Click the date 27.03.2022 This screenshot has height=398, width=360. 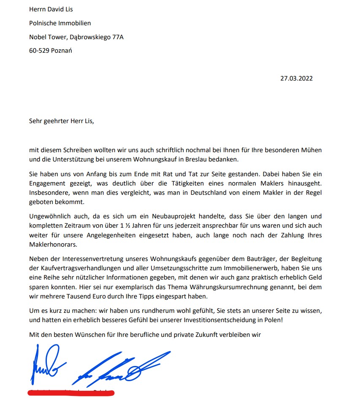(296, 78)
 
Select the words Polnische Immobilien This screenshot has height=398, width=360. (60, 23)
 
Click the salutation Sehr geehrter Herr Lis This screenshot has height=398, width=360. (62, 121)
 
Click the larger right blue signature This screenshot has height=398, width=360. (122, 366)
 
